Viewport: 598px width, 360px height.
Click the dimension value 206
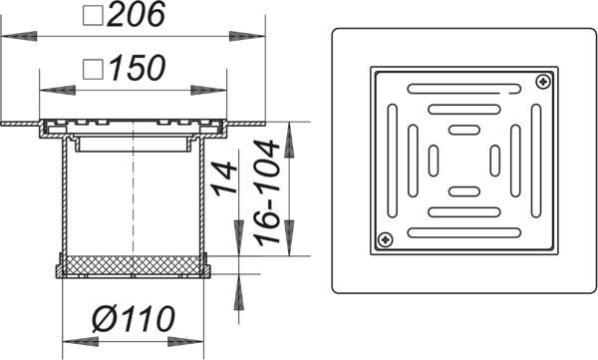137,15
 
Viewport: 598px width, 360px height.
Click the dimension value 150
138,68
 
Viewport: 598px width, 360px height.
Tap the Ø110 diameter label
134,319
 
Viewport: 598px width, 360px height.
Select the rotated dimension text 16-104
267,192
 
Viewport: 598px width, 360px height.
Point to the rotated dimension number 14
224,179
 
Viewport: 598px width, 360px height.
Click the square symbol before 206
93,15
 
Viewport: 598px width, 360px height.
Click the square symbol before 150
93,69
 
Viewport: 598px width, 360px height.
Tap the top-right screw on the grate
543,82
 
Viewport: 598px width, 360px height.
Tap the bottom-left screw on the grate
385,239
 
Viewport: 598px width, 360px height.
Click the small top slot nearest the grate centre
464,130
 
